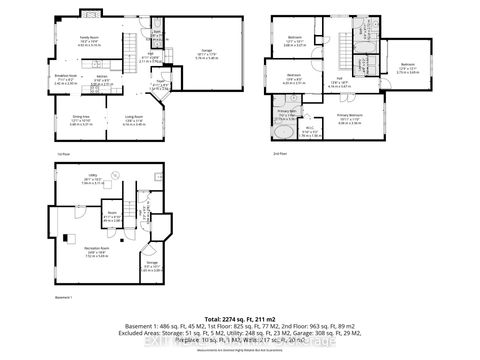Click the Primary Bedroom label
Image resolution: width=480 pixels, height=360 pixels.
pyautogui.click(x=350, y=118)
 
